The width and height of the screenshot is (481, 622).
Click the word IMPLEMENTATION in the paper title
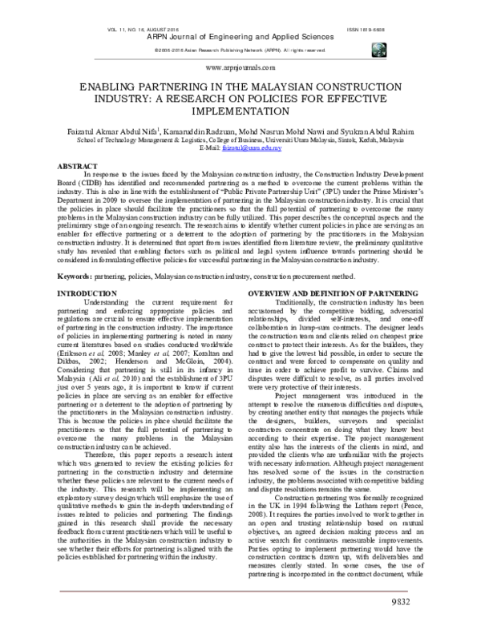click(x=240, y=112)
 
